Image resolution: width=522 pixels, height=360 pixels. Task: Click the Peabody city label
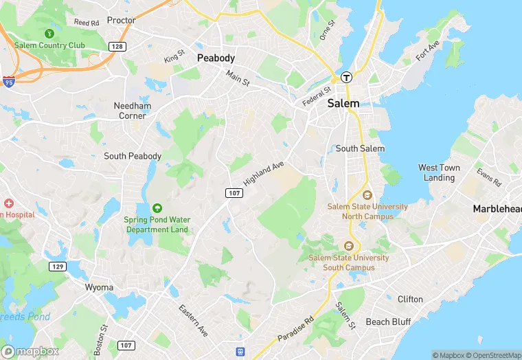tap(216, 58)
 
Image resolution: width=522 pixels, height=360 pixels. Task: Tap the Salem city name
tap(343, 103)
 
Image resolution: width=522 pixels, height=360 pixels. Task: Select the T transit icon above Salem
tap(347, 77)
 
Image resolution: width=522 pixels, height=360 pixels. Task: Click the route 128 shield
tap(116, 45)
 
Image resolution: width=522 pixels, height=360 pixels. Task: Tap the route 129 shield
tap(57, 266)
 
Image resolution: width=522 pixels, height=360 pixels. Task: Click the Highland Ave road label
tap(264, 173)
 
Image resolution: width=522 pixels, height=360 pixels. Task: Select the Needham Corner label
tap(130, 111)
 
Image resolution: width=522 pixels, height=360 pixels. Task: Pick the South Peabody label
tap(133, 156)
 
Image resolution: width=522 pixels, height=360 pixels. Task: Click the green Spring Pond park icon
tap(157, 207)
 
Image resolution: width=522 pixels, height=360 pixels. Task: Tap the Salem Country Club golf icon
tap(49, 33)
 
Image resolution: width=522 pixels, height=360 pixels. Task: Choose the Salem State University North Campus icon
tap(366, 195)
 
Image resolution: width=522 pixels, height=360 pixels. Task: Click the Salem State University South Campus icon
tap(348, 246)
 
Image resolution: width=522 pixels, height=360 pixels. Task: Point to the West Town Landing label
tap(439, 172)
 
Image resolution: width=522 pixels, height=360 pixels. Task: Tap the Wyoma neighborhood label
tap(98, 286)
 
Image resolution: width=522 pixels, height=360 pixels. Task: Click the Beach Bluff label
tap(387, 322)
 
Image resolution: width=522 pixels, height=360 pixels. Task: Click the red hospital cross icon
tap(9, 203)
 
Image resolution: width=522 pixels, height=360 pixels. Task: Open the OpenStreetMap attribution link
tap(493, 355)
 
